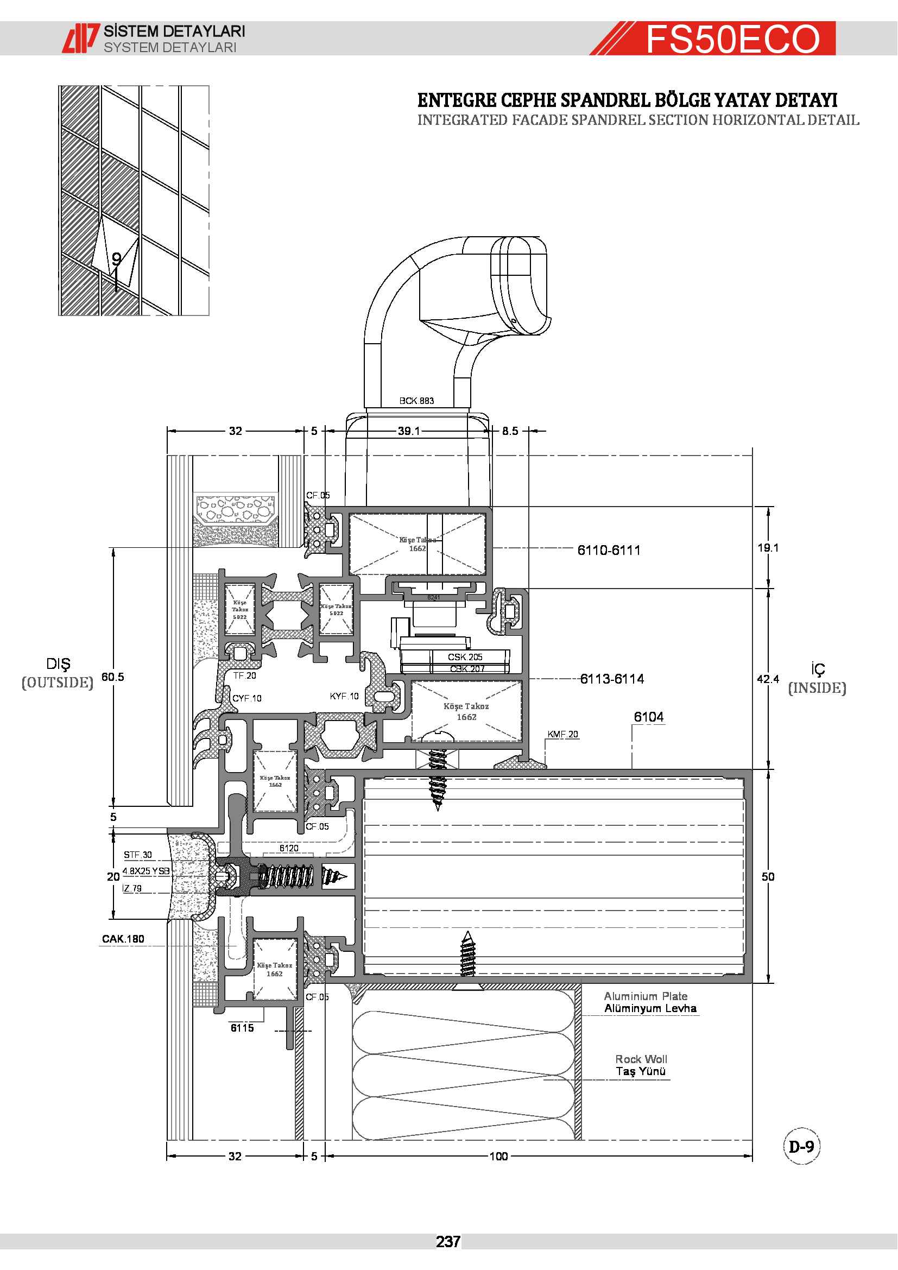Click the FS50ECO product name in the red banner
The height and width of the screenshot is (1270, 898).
[732, 39]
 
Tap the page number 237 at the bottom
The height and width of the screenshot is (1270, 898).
[448, 1242]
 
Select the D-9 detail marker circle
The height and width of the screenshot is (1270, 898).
[801, 1146]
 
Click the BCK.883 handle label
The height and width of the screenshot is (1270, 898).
[416, 401]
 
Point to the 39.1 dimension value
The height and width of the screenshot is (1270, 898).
[409, 431]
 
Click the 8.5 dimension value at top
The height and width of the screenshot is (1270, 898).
[510, 431]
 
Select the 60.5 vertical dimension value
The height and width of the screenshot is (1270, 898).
[113, 677]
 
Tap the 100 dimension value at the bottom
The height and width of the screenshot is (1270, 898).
[498, 1156]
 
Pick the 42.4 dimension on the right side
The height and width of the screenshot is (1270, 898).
[768, 679]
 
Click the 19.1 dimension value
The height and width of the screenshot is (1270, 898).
[768, 548]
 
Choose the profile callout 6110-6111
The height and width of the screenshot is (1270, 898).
[609, 551]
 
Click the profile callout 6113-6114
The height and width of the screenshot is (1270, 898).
[611, 679]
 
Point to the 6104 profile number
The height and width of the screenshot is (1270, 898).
[649, 717]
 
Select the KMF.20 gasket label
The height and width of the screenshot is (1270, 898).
[562, 734]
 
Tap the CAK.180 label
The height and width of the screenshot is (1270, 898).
[123, 939]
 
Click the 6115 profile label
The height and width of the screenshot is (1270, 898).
[242, 1028]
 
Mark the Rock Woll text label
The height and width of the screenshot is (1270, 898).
[641, 1059]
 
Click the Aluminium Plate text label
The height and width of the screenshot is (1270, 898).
[646, 996]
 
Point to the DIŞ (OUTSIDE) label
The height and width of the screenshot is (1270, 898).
[58, 673]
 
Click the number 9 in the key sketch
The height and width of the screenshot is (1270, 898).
[116, 259]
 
